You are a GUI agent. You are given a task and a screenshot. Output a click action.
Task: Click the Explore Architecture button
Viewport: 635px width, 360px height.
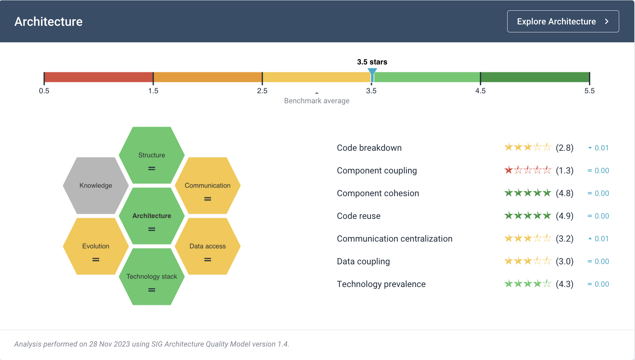tap(563, 21)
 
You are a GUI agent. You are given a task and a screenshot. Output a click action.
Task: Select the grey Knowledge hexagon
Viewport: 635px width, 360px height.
tap(96, 186)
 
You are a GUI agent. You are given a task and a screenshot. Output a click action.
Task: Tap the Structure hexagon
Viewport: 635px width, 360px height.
tap(152, 155)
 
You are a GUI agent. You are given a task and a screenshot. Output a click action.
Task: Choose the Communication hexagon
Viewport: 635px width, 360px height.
tap(207, 186)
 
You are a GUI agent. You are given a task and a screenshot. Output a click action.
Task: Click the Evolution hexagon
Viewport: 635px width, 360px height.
tap(96, 246)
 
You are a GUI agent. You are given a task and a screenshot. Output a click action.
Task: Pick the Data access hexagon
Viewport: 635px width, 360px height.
tap(207, 246)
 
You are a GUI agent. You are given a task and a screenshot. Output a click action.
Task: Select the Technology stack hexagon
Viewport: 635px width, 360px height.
tap(152, 276)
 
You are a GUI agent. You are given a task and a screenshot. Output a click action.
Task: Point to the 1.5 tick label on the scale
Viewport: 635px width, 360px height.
tap(153, 91)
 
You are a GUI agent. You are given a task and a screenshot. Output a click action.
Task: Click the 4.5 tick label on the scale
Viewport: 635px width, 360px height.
tap(480, 91)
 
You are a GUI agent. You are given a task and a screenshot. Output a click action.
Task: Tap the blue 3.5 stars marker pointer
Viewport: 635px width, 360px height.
tap(372, 74)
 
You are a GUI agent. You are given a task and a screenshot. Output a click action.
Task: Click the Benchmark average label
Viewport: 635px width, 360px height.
tap(317, 101)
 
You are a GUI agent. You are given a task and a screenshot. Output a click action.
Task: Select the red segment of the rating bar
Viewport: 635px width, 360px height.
tap(98, 77)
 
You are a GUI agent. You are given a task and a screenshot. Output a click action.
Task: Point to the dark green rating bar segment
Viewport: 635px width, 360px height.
tap(535, 77)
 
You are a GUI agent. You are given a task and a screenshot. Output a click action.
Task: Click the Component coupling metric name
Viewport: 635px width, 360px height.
tap(377, 171)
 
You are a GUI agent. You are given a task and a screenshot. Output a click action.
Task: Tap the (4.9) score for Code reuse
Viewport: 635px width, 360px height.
tap(565, 216)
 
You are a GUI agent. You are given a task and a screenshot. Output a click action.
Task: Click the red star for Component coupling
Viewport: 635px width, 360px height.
tap(509, 170)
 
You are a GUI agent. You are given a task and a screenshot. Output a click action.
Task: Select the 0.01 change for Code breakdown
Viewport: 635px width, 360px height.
tap(602, 148)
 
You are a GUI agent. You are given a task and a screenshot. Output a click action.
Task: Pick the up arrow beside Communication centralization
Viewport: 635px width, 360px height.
tap(590, 239)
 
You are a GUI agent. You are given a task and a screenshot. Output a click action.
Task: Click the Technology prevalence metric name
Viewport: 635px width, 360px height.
tap(381, 284)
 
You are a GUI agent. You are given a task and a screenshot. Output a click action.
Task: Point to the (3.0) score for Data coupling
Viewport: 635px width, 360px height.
tap(565, 261)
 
